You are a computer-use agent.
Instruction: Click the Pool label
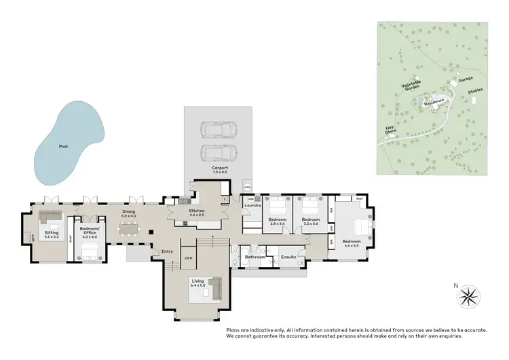tap(63, 146)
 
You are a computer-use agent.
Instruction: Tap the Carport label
tap(219, 168)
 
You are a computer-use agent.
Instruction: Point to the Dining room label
tap(129, 212)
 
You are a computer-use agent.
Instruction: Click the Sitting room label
tap(52, 233)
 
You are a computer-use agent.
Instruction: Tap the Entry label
tap(168, 251)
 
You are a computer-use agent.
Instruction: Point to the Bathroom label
tap(255, 257)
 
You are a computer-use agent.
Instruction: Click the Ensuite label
tap(288, 257)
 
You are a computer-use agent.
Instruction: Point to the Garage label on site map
tap(466, 79)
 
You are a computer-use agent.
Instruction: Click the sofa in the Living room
tap(217, 289)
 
